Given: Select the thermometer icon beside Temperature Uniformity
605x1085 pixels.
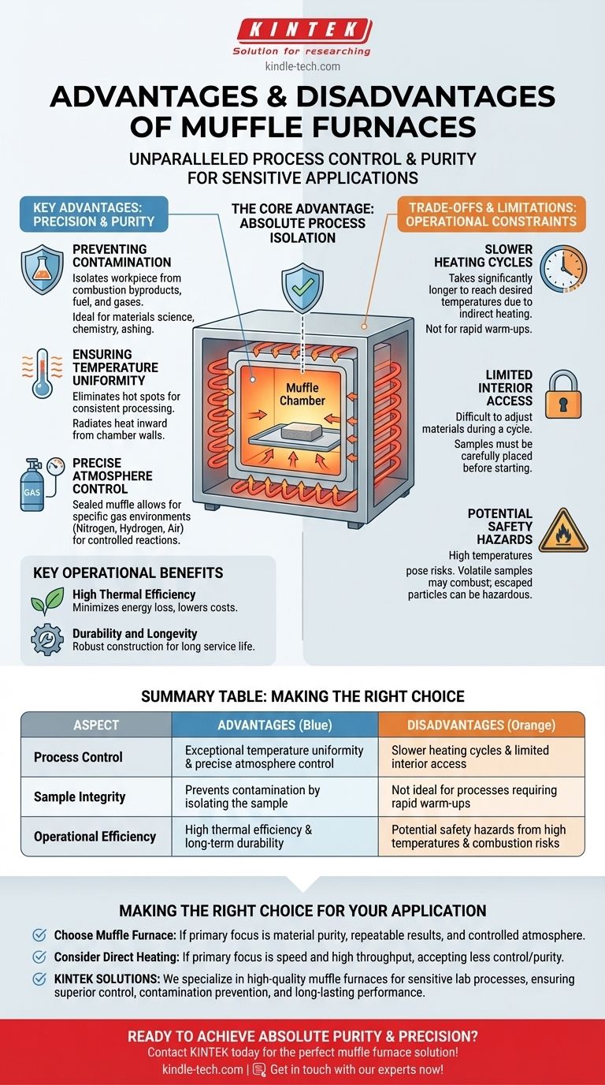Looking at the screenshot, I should click(41, 372).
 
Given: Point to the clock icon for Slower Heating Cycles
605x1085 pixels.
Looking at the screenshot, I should click(563, 270).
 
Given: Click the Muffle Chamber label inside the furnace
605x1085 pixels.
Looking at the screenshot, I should click(302, 394).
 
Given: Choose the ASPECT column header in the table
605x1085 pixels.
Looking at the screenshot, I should click(96, 725).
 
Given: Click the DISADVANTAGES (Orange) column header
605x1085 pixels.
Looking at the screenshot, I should click(481, 725).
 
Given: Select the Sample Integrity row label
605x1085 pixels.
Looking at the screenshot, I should click(80, 797).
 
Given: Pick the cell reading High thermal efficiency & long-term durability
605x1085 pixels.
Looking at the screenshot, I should click(274, 837).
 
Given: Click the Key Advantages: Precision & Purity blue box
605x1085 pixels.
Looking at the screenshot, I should click(94, 214).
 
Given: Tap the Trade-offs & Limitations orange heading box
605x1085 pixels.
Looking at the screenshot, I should click(492, 214).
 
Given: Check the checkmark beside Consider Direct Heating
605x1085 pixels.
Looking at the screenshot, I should click(39, 957).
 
